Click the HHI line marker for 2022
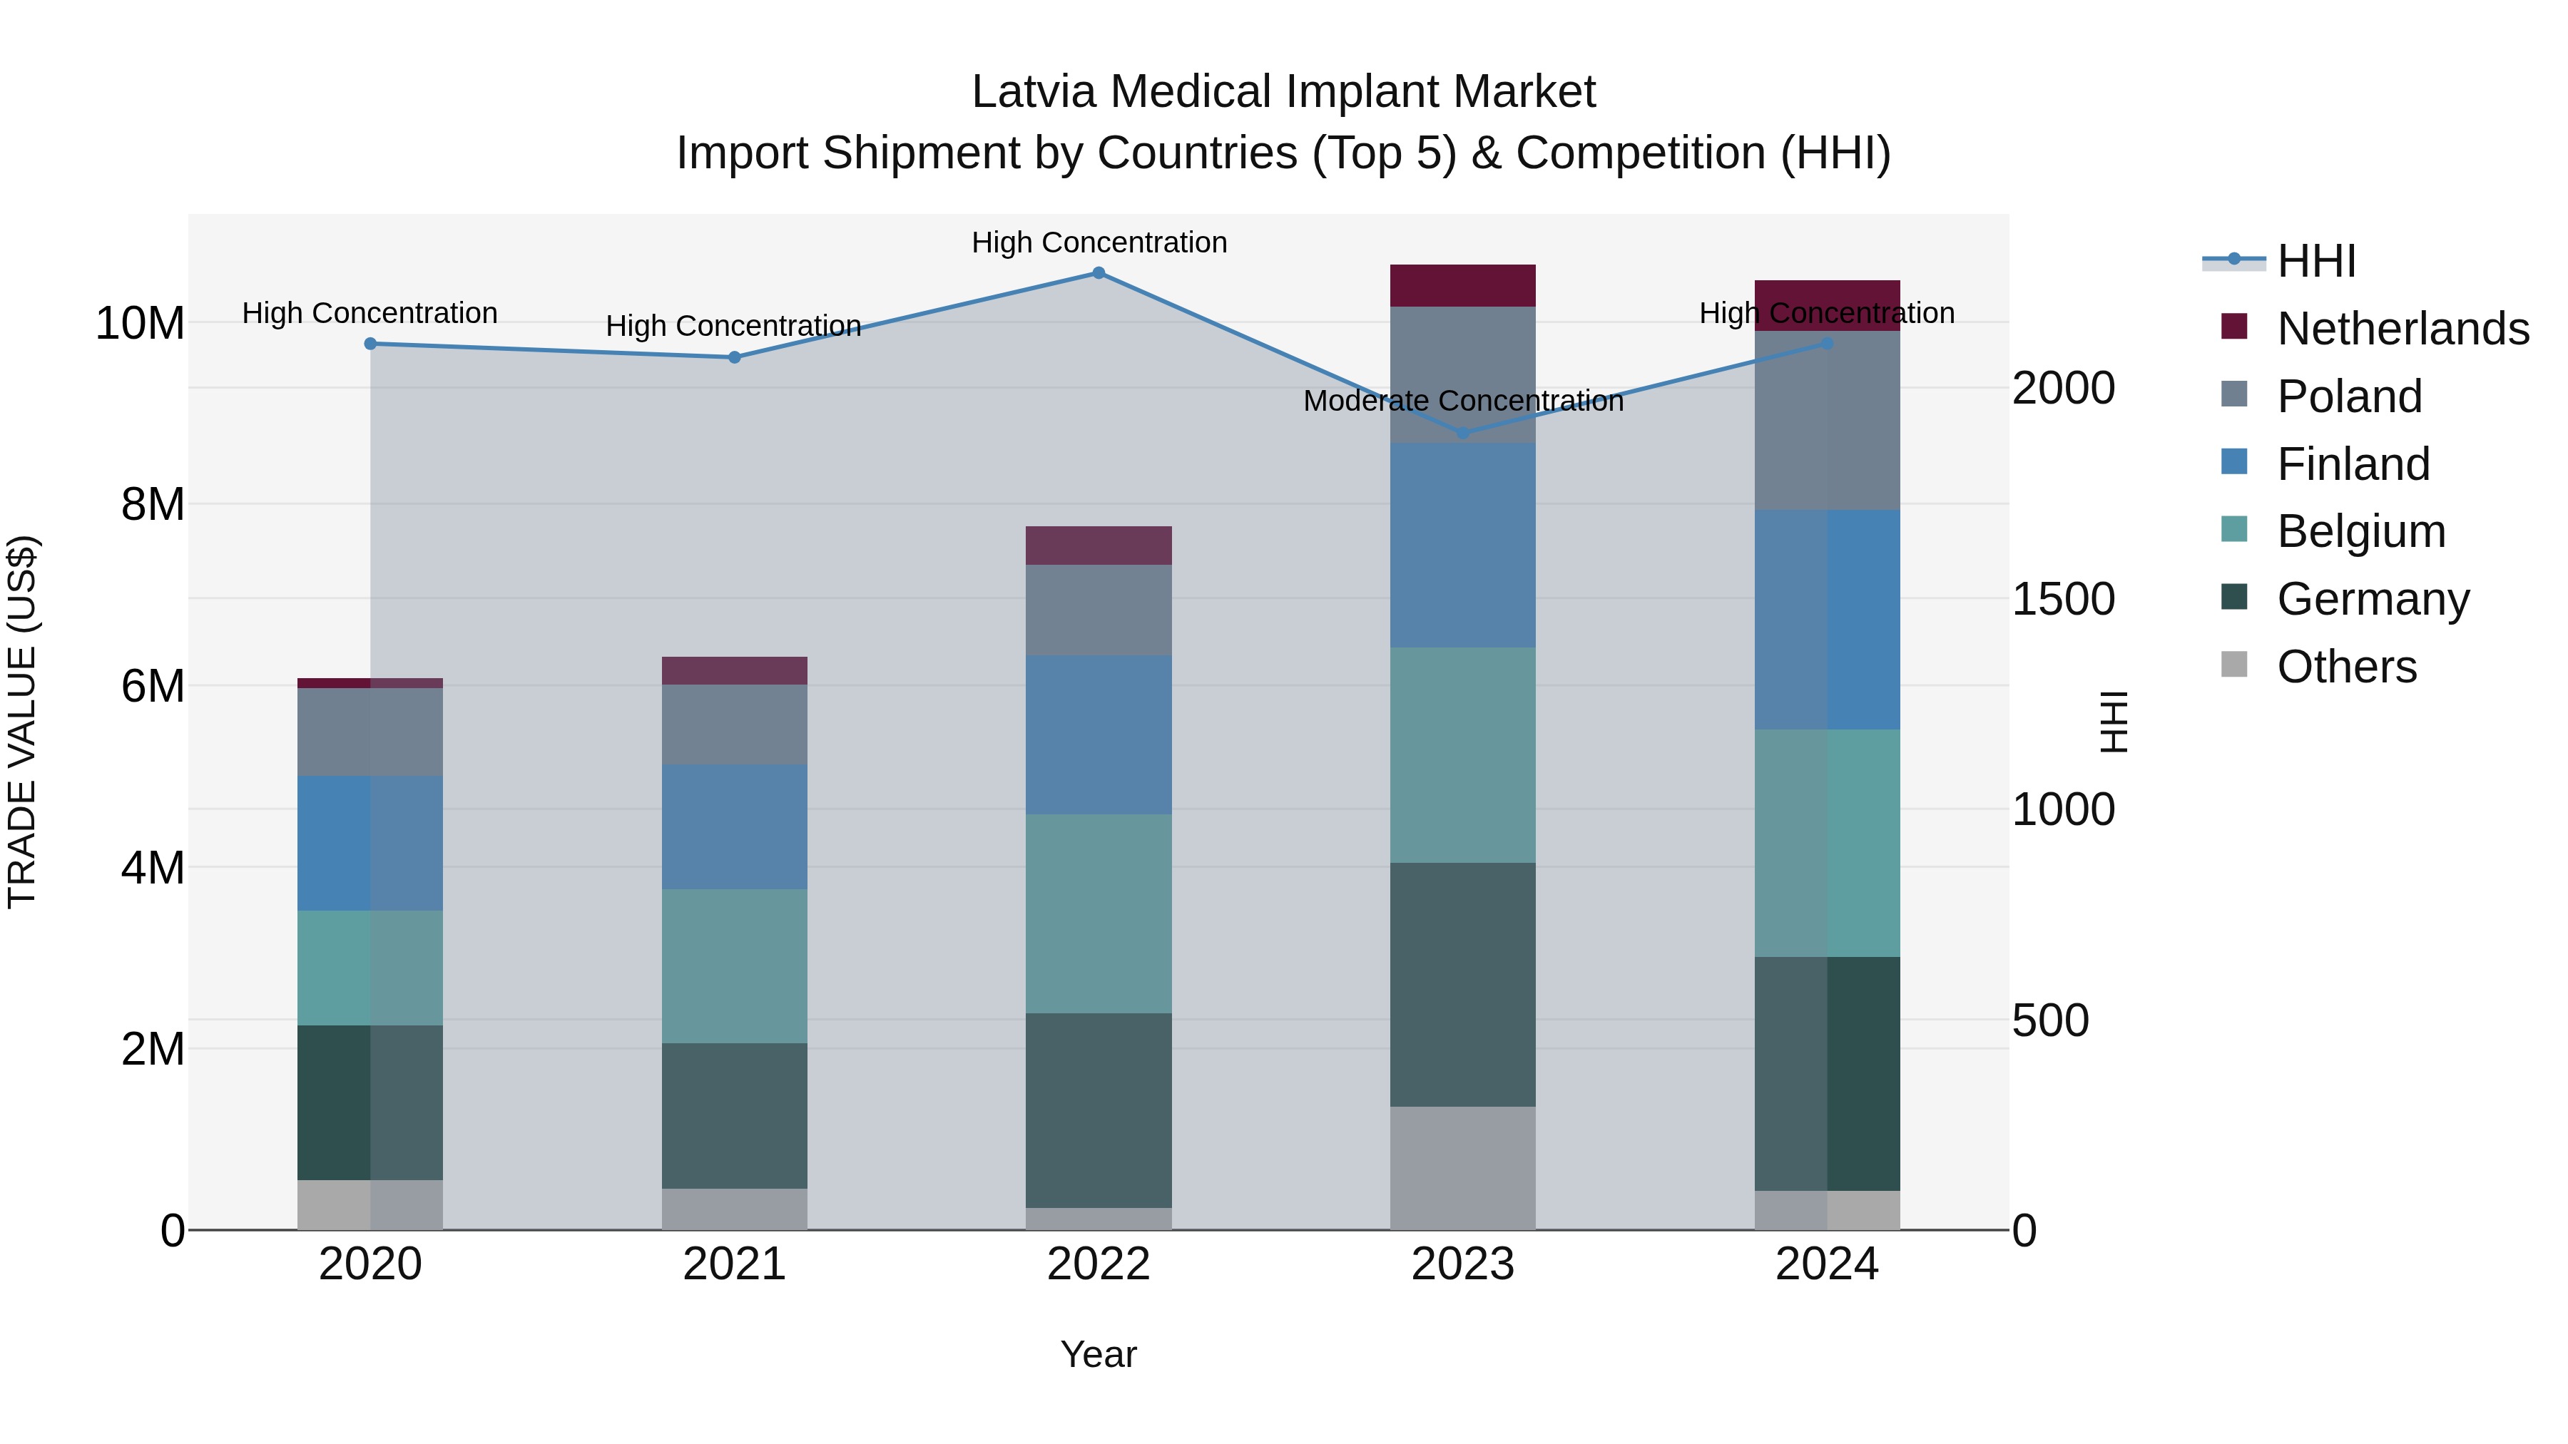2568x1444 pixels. (x=1099, y=273)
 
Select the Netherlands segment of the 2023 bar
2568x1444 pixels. (x=1462, y=286)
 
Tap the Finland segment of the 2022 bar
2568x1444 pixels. (x=1099, y=735)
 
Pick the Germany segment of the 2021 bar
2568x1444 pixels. (x=735, y=1116)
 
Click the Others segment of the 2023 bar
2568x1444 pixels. (x=1462, y=1168)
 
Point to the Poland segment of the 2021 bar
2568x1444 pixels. (x=735, y=724)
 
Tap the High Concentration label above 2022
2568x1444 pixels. (x=1099, y=243)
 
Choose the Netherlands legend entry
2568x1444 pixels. (x=2403, y=329)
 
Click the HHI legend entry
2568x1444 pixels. (x=2315, y=261)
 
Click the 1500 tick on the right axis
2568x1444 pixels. (x=2062, y=599)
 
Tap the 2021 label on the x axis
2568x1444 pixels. (x=735, y=1264)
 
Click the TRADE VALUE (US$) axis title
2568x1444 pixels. (x=23, y=722)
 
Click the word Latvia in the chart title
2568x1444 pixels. (x=1034, y=92)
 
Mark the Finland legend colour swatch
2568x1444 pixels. (x=2234, y=462)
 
